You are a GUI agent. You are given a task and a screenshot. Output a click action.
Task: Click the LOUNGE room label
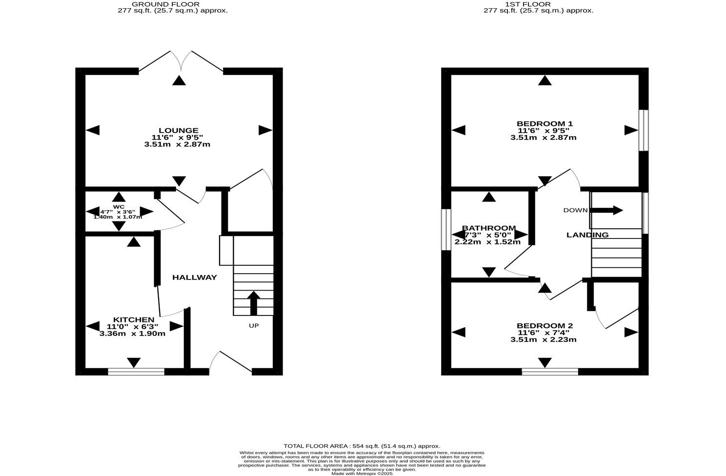coord(178,130)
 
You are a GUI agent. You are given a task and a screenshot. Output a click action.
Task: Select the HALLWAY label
coord(194,278)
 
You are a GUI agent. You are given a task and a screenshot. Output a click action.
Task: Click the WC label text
coord(119,206)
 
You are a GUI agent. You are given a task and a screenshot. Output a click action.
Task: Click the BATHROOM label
coord(488,228)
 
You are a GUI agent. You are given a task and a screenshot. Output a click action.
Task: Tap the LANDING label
coord(587,235)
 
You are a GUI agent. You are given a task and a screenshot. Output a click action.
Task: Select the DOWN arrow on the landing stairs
coord(607,210)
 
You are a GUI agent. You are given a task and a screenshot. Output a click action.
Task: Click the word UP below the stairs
coord(254,325)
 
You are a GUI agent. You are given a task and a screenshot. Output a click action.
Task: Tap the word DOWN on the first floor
coord(575,210)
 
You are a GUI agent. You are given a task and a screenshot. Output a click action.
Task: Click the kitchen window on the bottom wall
coord(136,372)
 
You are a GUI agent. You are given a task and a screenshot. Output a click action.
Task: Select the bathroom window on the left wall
coord(445,230)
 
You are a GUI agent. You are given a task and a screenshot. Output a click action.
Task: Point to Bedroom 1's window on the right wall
coord(644,130)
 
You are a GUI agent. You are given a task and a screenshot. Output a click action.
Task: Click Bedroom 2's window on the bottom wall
coord(549,372)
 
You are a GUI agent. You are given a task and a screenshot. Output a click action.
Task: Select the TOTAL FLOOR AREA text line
coord(362,446)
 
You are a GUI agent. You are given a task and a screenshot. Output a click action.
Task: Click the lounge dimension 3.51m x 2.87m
coord(177,144)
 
